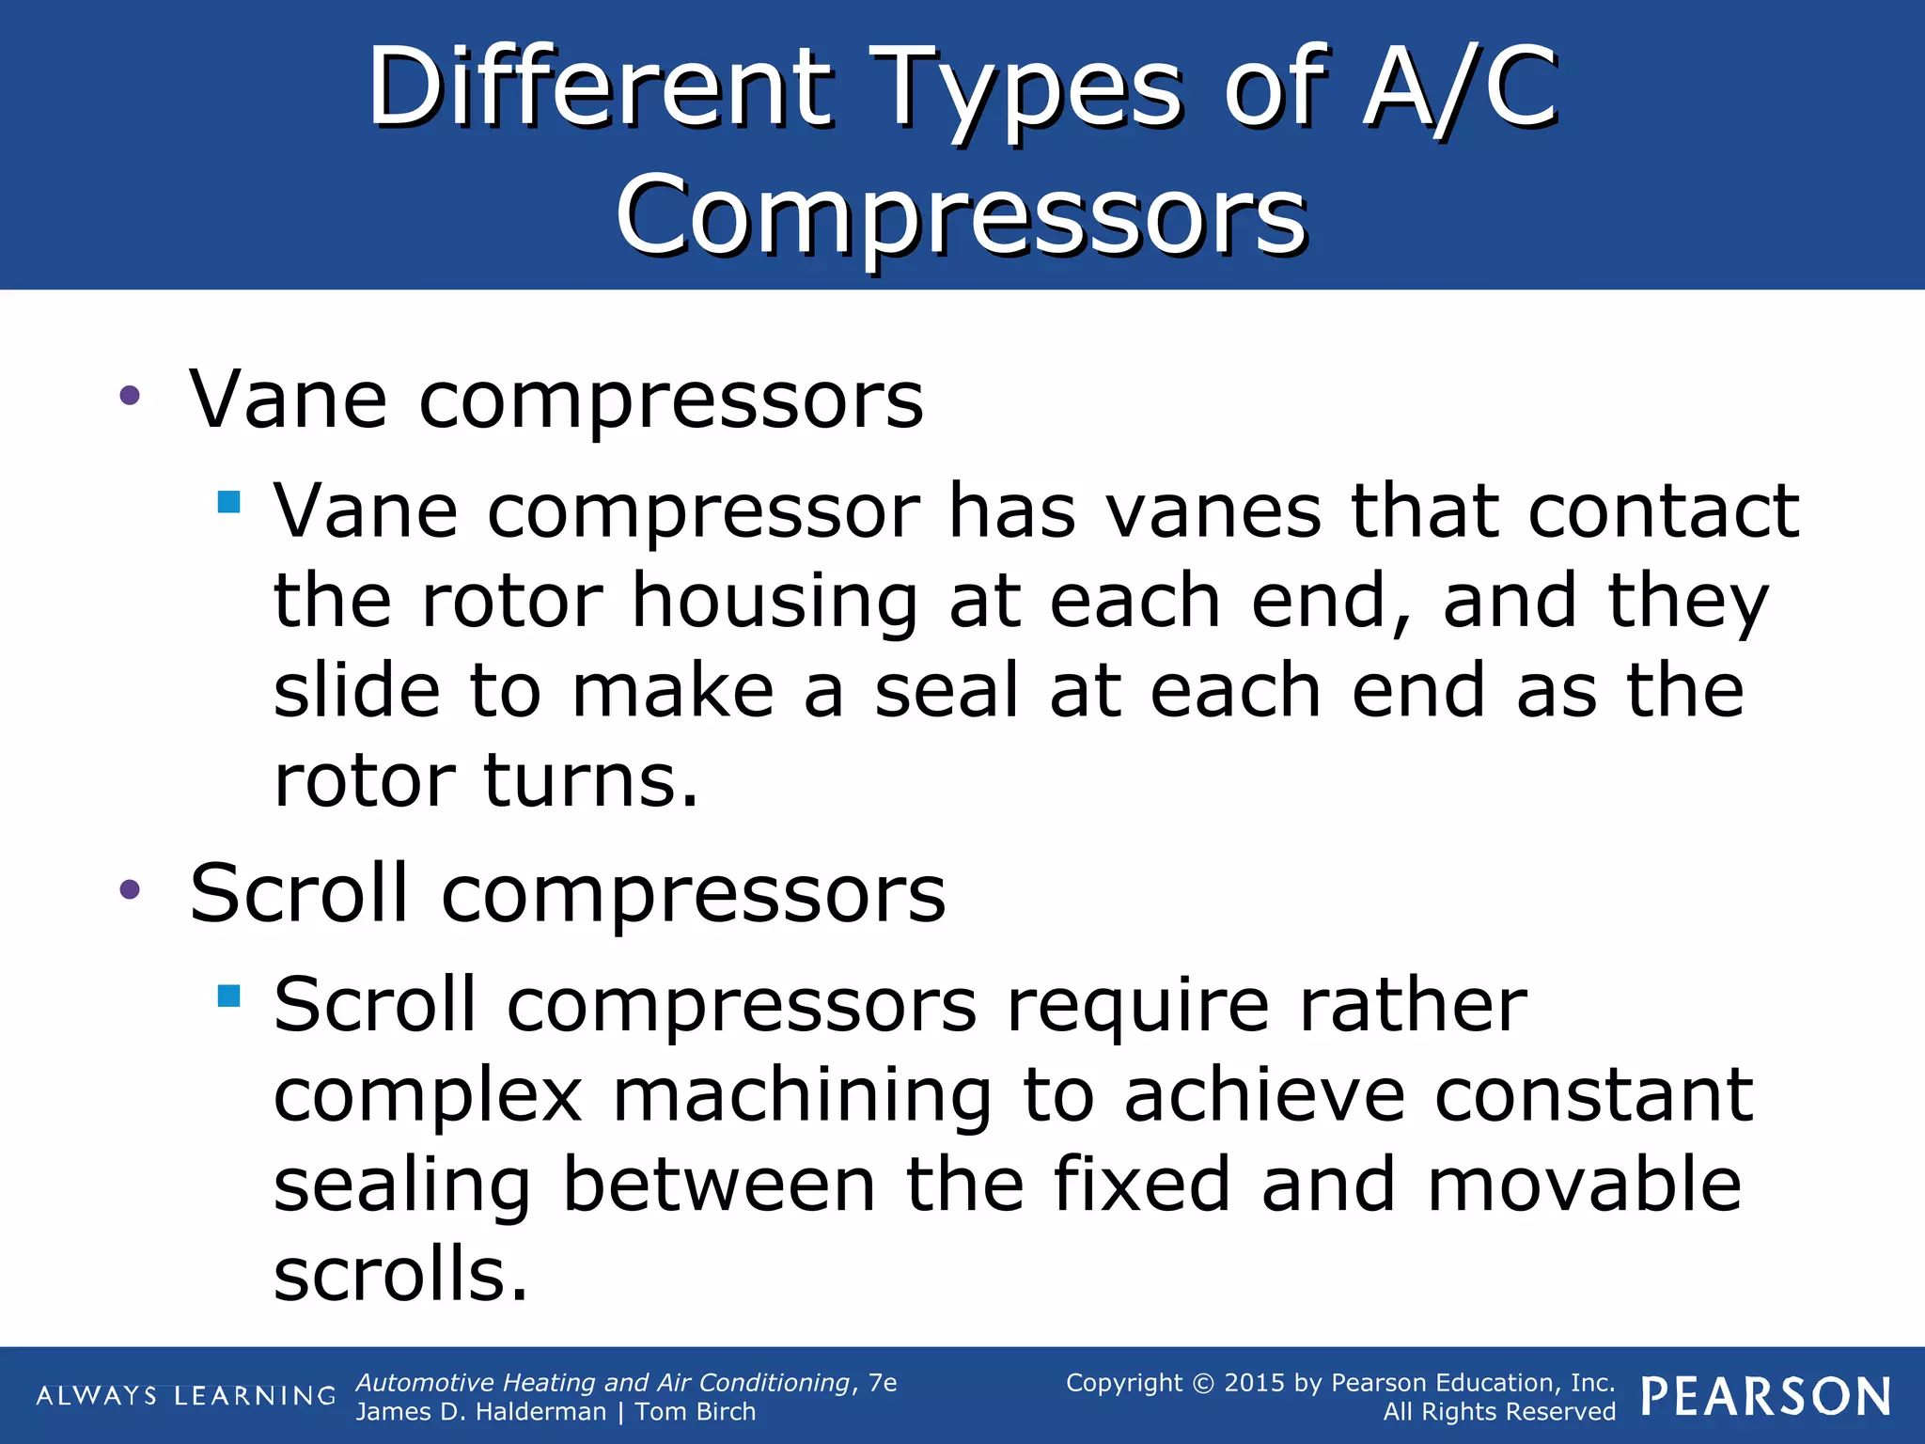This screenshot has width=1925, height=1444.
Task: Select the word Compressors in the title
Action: click(961, 216)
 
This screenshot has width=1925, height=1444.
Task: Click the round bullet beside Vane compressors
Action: click(130, 396)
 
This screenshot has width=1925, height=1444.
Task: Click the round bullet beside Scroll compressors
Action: click(130, 889)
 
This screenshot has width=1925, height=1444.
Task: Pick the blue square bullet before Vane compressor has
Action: click(228, 501)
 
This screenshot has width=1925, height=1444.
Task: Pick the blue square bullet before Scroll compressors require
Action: click(228, 995)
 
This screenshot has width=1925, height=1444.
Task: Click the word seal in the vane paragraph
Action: click(946, 690)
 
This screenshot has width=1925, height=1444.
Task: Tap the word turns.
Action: click(591, 779)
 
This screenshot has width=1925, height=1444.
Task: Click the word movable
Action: click(1584, 1185)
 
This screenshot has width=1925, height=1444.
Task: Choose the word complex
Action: click(428, 1096)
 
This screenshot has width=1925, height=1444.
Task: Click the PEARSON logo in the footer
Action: click(1766, 1397)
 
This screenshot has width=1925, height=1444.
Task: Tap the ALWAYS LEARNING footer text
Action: click(185, 1396)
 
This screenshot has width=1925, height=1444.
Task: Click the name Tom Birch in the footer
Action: click(695, 1412)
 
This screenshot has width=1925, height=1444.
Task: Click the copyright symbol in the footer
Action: click(1203, 1384)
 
